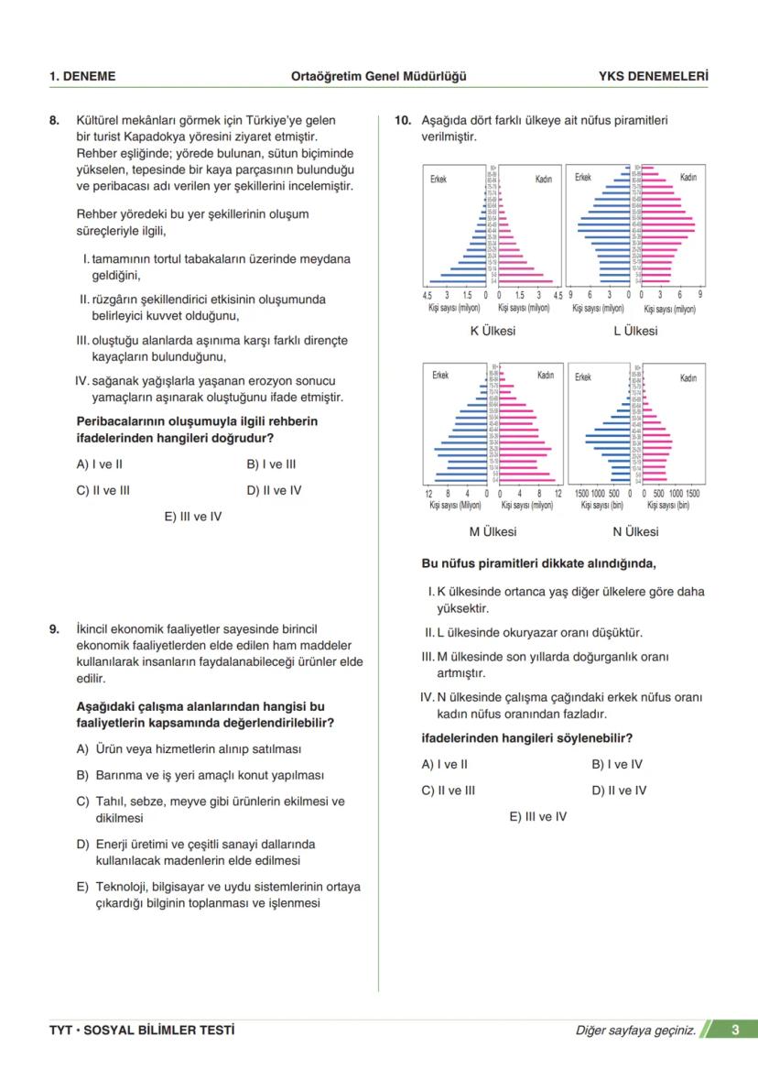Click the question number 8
54,120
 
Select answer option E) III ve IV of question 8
193,517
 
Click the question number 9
54,630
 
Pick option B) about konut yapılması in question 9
200,775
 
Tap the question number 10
402,120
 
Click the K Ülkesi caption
493,331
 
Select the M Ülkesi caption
493,531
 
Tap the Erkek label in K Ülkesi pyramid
439,180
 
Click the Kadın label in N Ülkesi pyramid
688,377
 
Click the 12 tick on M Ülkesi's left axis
428,493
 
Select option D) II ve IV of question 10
619,791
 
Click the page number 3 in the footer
735,1030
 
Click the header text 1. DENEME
82,76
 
